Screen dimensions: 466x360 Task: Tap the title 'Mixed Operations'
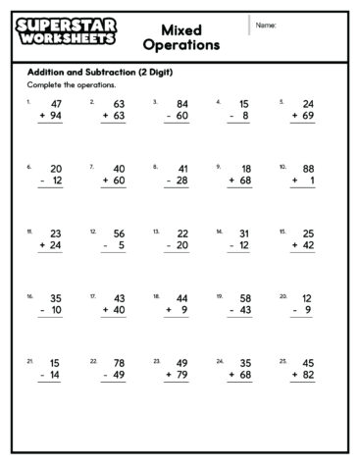tap(180, 36)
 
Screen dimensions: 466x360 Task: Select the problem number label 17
tap(92, 294)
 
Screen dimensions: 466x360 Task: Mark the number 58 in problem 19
tap(244, 297)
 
